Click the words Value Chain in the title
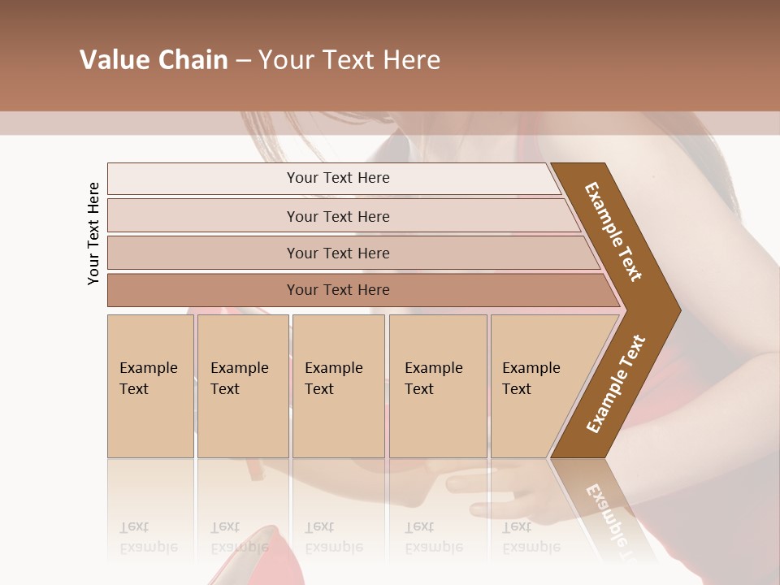point(154,60)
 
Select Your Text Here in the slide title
point(349,60)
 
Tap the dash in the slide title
point(243,61)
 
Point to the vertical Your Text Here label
point(93,233)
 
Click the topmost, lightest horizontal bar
point(338,178)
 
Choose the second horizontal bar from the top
point(338,216)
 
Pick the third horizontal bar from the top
point(338,253)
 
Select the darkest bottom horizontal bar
point(338,290)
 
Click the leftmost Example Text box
point(150,386)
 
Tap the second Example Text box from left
point(242,386)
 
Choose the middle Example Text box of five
point(338,386)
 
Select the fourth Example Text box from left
point(437,386)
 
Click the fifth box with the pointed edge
point(536,386)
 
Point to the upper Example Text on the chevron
point(614,231)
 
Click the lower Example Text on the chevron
point(616,383)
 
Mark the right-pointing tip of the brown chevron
point(678,310)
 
